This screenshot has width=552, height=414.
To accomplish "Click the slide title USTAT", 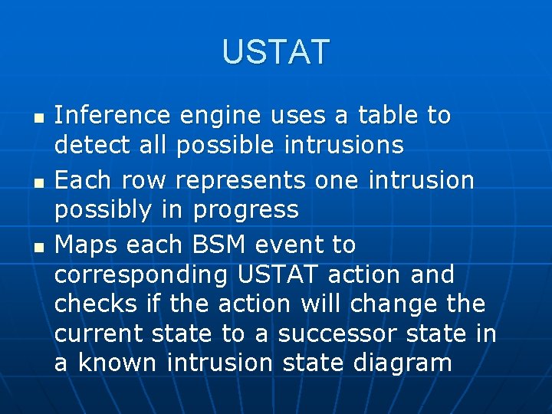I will (275, 51).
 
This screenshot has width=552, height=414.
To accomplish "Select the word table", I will (385, 115).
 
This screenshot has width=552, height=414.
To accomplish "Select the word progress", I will (246, 210).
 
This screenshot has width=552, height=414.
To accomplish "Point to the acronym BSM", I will (219, 245).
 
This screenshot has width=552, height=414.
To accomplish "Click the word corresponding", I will (141, 275).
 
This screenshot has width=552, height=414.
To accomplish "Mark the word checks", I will (94, 304).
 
